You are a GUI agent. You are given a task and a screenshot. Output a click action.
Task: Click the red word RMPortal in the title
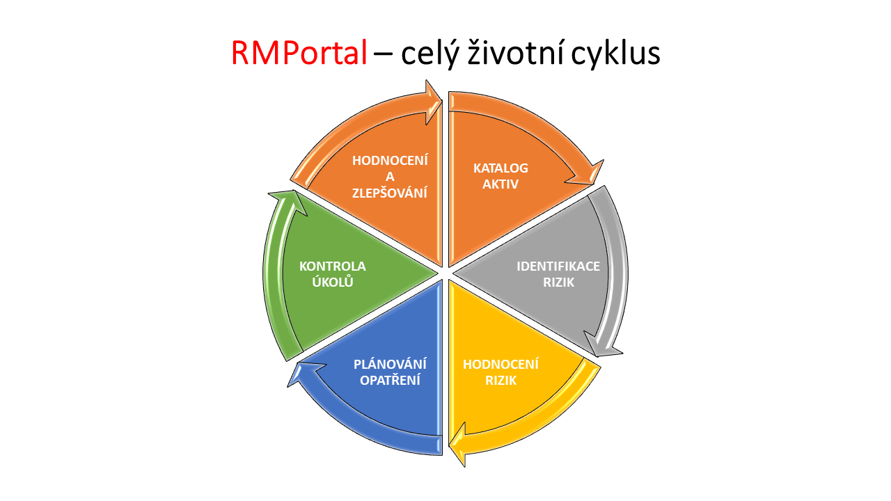tap(299, 54)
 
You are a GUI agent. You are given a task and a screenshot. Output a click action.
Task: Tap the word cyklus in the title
tap(616, 54)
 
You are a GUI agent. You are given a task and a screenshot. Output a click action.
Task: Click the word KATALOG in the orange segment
tap(500, 168)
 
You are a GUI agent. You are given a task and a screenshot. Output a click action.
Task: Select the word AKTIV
tap(500, 184)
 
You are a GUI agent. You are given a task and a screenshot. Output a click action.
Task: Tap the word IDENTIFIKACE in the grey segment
tap(558, 266)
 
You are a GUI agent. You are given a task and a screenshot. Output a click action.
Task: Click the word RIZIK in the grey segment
tap(558, 283)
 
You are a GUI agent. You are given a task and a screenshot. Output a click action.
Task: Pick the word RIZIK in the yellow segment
tap(500, 380)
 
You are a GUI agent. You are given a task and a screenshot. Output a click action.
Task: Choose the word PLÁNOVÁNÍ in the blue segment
tap(391, 363)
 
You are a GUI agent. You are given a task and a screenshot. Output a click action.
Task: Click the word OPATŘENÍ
tap(391, 380)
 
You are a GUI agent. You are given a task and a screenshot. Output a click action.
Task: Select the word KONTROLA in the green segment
tap(333, 266)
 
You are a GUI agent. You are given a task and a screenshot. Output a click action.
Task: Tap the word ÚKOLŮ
tap(333, 282)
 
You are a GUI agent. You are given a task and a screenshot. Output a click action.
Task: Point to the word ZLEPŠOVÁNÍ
tap(390, 192)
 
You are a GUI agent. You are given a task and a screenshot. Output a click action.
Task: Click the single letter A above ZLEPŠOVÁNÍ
tap(390, 177)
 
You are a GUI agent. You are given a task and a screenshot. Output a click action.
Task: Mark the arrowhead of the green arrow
tap(288, 201)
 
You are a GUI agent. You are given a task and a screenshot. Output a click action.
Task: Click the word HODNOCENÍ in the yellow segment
tap(500, 364)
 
